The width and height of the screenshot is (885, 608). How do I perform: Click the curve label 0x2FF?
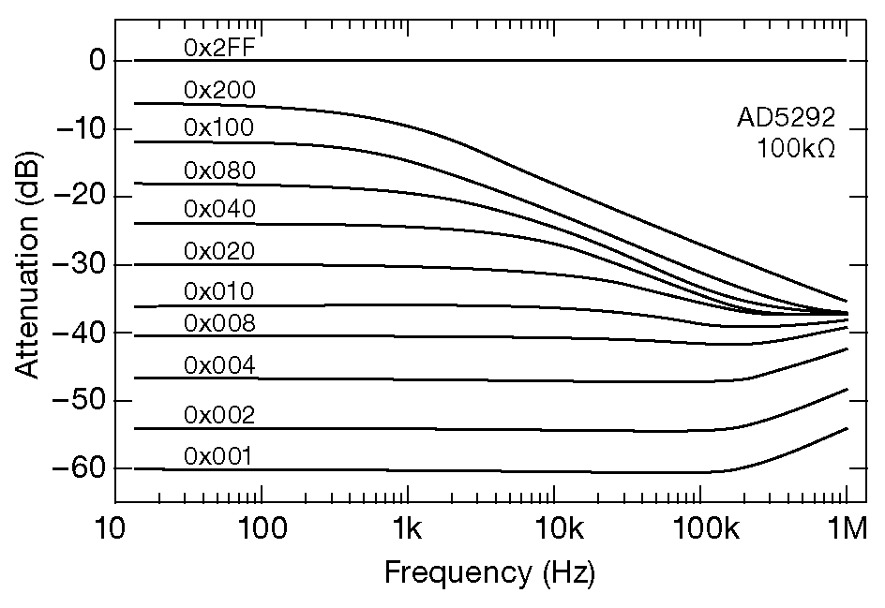(x=219, y=48)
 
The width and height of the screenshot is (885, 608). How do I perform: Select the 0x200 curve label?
(x=219, y=90)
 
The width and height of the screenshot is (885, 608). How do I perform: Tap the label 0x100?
(x=219, y=127)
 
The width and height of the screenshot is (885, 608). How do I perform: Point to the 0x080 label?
(x=219, y=171)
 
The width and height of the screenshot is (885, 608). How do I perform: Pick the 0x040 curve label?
(x=219, y=210)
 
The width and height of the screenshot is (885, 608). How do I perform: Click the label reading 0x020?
(x=219, y=251)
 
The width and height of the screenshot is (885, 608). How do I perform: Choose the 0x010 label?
(x=219, y=291)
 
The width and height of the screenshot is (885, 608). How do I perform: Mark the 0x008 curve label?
(x=219, y=323)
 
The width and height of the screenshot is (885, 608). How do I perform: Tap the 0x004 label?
(x=219, y=365)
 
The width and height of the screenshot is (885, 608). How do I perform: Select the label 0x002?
(x=219, y=414)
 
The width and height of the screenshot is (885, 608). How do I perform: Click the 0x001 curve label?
(x=219, y=456)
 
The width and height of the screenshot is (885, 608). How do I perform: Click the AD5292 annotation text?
(x=785, y=118)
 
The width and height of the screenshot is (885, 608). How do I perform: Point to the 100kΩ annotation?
(x=795, y=148)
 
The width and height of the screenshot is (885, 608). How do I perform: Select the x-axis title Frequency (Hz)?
(x=489, y=571)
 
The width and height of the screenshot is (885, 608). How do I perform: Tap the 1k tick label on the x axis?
(x=407, y=531)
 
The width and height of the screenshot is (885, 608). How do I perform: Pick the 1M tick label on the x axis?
(x=847, y=531)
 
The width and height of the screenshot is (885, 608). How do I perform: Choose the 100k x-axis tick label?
(x=700, y=531)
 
